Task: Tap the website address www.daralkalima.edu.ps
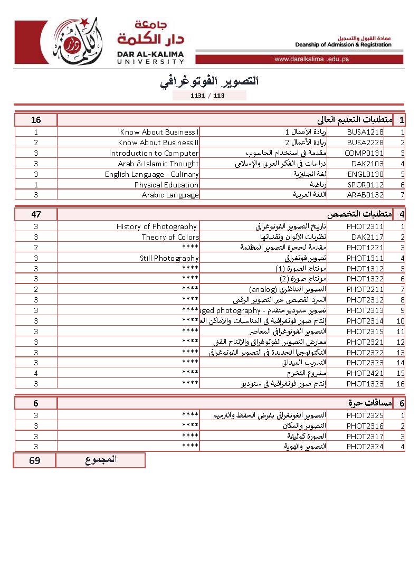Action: (x=311, y=59)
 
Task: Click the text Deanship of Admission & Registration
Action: (x=343, y=45)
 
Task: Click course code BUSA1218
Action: (x=365, y=132)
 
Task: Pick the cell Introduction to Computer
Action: (x=154, y=153)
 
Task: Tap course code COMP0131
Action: (x=365, y=153)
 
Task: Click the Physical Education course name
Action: (x=166, y=185)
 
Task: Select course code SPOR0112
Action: (x=365, y=185)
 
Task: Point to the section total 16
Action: (x=36, y=120)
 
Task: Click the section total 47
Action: (x=36, y=214)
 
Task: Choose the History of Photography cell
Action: (x=157, y=226)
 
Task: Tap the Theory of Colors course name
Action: (x=170, y=237)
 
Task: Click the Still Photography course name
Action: (x=169, y=258)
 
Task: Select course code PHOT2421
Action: (x=365, y=373)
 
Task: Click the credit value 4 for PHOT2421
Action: (x=36, y=373)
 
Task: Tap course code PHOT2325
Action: (x=365, y=415)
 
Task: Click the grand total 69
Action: (x=35, y=460)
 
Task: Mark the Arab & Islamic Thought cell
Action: (x=158, y=164)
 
